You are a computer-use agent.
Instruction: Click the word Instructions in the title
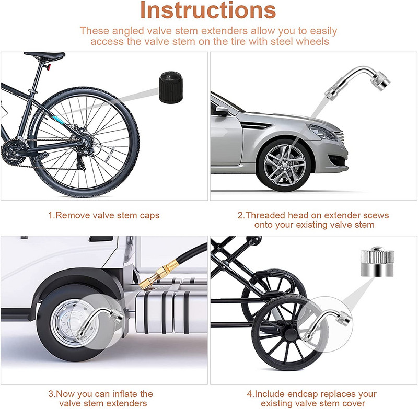[x=208, y=10]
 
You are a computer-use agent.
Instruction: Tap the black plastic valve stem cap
[x=171, y=87]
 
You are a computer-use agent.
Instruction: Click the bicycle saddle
[x=45, y=56]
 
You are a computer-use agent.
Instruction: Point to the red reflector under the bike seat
[x=48, y=67]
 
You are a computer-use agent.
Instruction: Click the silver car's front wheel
[x=284, y=165]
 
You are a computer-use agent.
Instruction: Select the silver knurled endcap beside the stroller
[x=377, y=262]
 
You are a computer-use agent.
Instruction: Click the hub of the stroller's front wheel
[x=290, y=334]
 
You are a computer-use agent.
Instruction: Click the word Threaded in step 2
[x=264, y=215]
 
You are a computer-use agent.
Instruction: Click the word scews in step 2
[x=377, y=215]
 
